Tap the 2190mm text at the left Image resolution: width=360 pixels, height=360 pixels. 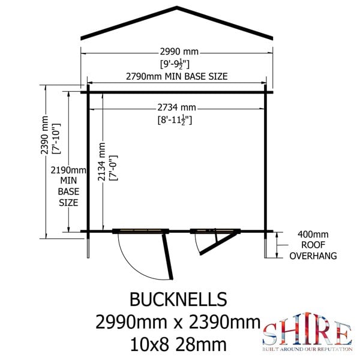click(68, 170)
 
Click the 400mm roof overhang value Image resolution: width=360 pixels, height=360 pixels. click(313, 234)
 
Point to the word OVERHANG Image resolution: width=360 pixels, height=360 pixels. click(313, 256)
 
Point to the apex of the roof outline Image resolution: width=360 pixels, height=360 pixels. click(178, 8)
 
